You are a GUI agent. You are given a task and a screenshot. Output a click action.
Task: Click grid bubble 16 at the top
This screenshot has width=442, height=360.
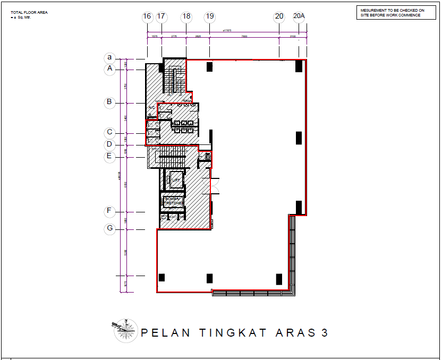tap(147, 16)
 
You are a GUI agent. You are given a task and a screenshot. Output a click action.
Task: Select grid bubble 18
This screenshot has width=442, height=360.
tap(186, 16)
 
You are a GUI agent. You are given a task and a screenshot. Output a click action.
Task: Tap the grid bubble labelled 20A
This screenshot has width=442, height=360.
tap(299, 16)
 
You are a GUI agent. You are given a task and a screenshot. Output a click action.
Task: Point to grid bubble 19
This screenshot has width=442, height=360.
tap(210, 16)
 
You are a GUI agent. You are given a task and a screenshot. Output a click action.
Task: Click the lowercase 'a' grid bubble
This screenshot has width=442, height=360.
tap(110, 57)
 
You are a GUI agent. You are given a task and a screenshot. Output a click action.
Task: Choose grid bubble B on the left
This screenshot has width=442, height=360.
tap(110, 102)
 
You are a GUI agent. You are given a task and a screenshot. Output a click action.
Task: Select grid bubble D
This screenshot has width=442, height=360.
tap(109, 144)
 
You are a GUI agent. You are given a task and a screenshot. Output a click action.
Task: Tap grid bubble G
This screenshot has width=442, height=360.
tap(110, 229)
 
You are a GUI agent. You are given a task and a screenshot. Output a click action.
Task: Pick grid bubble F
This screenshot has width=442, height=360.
tap(109, 211)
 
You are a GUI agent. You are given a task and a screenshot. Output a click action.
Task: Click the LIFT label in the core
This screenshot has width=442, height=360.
tap(175, 181)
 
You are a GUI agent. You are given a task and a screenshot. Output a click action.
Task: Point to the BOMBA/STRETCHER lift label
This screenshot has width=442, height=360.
tap(173, 201)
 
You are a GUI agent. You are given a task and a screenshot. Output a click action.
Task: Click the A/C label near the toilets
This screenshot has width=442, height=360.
tap(151, 108)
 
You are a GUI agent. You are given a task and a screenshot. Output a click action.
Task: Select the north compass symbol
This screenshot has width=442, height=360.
tap(125, 330)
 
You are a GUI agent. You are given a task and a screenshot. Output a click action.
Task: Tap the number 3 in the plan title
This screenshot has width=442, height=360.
tap(324, 333)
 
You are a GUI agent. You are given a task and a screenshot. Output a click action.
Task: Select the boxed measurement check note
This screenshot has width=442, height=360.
tap(392, 13)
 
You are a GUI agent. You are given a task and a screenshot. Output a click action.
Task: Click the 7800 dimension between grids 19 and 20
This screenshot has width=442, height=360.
tap(244, 37)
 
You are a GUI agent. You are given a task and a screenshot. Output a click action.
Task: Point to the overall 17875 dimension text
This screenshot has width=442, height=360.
tap(227, 31)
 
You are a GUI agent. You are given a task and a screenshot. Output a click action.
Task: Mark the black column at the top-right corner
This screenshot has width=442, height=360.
tap(299, 66)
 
